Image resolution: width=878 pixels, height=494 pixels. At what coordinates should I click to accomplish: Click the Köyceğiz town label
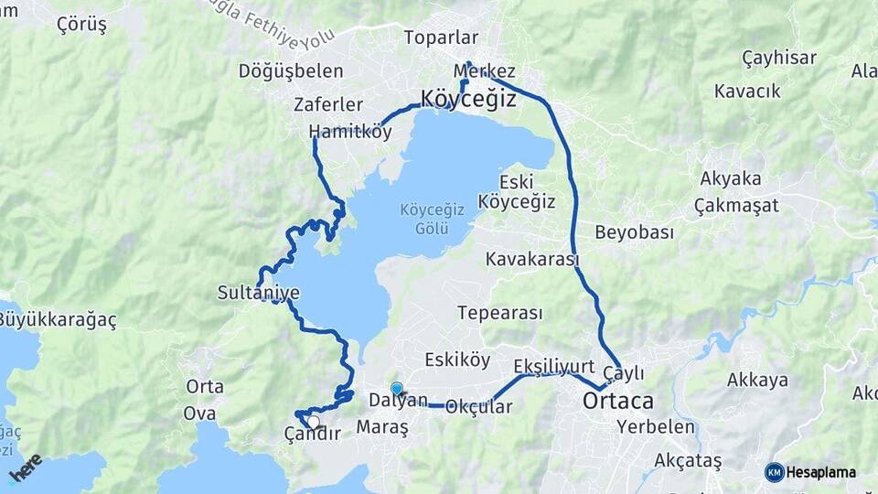[x=468, y=99]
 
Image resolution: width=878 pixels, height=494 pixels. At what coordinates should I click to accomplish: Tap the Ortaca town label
[x=619, y=402]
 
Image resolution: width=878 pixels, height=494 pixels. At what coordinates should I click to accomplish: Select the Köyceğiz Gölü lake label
[x=433, y=218]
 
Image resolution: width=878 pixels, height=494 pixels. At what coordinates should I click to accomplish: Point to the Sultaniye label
[x=258, y=293]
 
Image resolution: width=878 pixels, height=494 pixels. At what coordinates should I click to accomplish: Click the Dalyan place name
[x=398, y=401]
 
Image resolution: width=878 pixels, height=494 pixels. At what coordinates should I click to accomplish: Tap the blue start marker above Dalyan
[x=396, y=388]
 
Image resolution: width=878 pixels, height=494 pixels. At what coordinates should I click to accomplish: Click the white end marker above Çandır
[x=314, y=422]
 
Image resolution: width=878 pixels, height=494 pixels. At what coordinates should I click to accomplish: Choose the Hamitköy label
[x=350, y=131]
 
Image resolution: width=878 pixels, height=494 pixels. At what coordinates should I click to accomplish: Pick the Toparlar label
[x=442, y=38]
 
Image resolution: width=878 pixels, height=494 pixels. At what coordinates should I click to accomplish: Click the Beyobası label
[x=634, y=232]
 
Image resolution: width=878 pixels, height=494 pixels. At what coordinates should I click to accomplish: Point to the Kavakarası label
[x=532, y=259]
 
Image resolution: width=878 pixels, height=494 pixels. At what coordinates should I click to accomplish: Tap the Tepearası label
[x=499, y=313]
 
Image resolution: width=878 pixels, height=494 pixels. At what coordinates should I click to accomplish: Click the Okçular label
[x=478, y=408]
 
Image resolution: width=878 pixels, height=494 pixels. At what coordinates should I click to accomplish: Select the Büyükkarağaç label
[x=58, y=320]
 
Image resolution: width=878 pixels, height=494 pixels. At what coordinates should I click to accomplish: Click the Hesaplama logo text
[x=820, y=472]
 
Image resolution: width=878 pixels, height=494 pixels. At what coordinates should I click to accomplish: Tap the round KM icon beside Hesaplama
[x=774, y=472]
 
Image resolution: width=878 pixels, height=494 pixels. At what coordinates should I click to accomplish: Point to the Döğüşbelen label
[x=291, y=70]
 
